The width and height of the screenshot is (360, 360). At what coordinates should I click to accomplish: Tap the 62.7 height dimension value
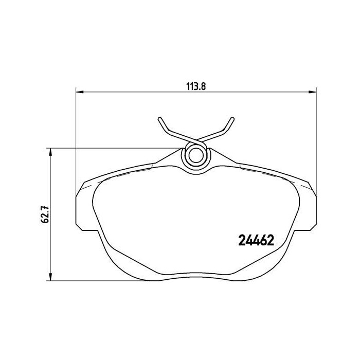[x=45, y=214]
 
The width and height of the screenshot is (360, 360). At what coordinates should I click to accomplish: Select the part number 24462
[x=255, y=240]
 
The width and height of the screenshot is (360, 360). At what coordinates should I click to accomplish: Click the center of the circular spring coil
[x=195, y=155]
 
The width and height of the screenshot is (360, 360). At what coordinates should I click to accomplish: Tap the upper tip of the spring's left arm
[x=160, y=119]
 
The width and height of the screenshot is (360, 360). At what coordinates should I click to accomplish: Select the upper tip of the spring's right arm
[x=232, y=119]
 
